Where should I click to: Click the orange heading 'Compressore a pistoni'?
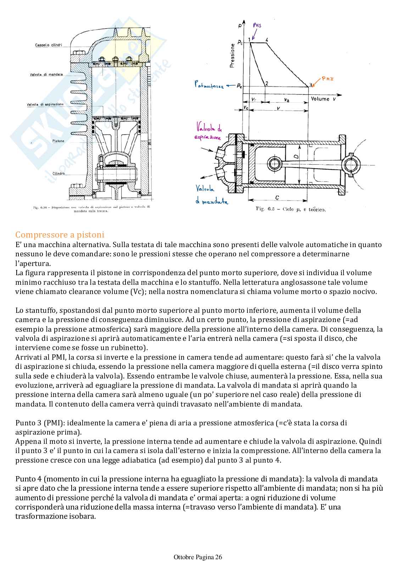coord(60,235)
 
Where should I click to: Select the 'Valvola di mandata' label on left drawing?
coord(46,75)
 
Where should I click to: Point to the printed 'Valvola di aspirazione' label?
coord(45,104)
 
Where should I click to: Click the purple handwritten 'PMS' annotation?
coord(260,25)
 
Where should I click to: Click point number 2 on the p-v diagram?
coord(266,83)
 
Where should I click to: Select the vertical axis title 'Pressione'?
coord(232,55)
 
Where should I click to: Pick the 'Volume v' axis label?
coord(323,98)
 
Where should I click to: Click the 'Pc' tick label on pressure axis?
coord(240,43)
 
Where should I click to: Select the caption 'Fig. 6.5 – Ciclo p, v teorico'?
coord(290,209)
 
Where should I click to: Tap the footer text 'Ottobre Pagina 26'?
coord(198,557)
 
